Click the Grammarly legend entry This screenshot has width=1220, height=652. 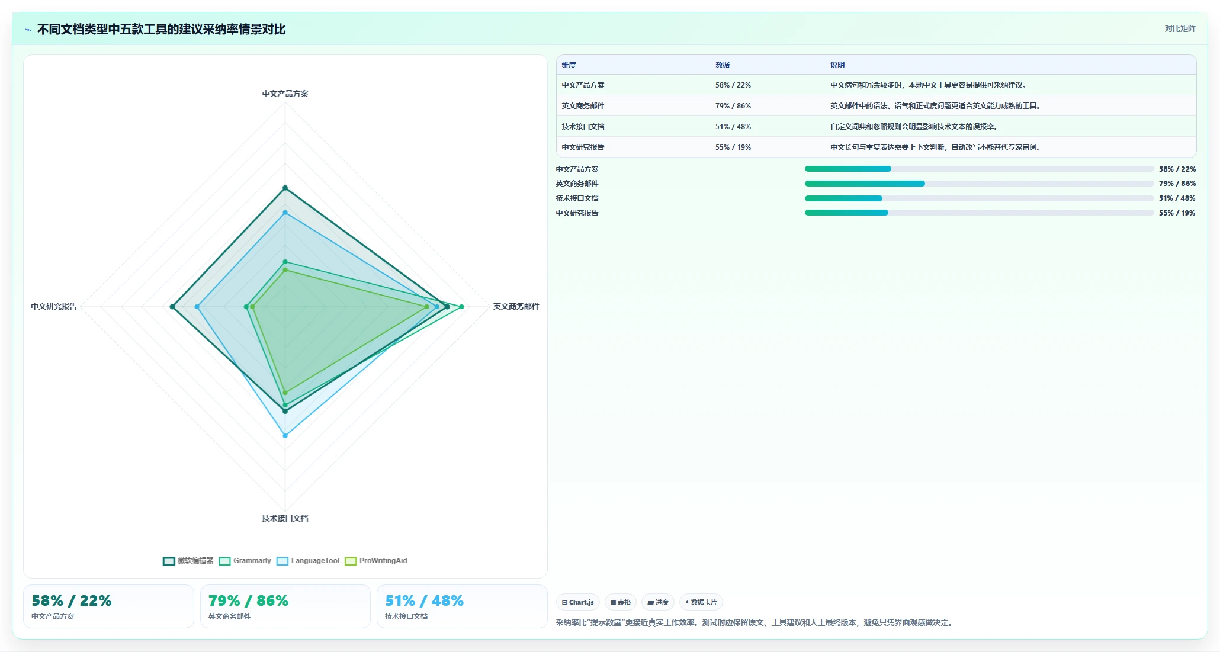click(245, 561)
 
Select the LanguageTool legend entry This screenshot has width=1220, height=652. click(308, 561)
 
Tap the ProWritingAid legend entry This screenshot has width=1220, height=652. click(376, 561)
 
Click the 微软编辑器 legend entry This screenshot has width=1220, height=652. click(188, 561)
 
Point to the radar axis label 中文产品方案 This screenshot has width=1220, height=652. click(285, 94)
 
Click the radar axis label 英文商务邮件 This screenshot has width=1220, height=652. click(516, 306)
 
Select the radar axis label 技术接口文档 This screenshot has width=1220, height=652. click(285, 518)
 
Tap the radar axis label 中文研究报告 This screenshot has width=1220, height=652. click(54, 306)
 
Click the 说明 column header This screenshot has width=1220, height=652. click(837, 65)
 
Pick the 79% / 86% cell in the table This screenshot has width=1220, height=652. click(733, 106)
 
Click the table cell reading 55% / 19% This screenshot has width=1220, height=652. click(733, 147)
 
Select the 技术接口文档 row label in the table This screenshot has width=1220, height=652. click(583, 127)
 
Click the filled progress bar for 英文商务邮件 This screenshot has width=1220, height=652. click(865, 184)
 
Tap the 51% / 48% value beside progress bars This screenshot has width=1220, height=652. click(1177, 198)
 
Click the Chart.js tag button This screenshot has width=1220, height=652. click(578, 602)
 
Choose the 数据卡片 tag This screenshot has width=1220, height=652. click(701, 602)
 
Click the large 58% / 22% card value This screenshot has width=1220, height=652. click(72, 600)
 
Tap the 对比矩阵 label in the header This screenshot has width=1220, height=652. click(1180, 28)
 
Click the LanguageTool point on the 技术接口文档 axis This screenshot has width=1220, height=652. click(285, 436)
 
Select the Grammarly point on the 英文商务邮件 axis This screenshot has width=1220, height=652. click(461, 307)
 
